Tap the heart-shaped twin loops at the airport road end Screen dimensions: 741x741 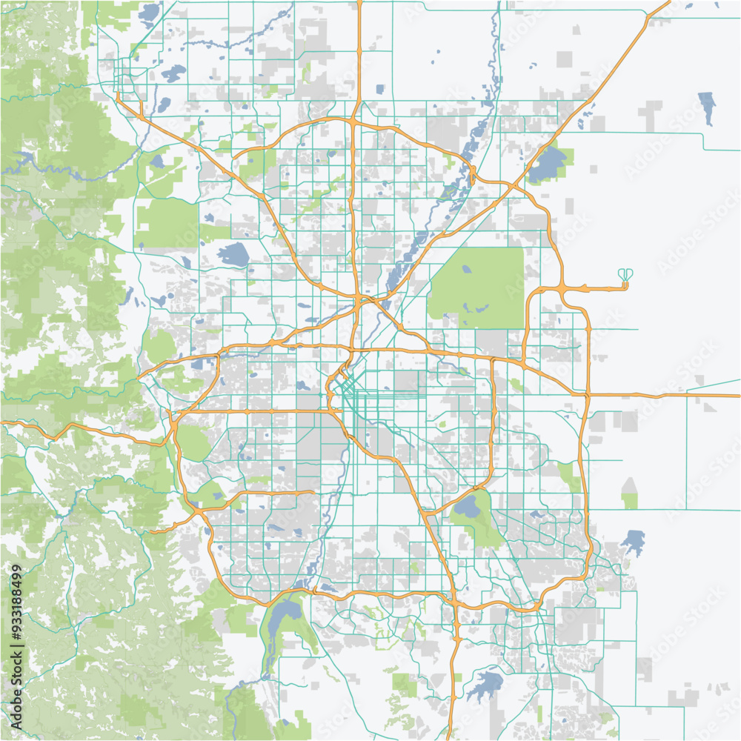pos(626,276)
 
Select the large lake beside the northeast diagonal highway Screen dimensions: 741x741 pos(548,164)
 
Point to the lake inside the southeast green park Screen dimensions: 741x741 pos(467,508)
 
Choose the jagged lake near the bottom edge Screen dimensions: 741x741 pos(485,685)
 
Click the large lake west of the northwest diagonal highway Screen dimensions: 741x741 pos(233,254)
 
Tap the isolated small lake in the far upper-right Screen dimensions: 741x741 pos(707,107)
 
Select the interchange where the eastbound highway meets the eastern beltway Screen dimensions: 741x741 pos(586,395)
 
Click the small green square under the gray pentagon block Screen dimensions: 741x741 pos(630,502)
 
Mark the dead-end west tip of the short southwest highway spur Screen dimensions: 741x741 pos(150,531)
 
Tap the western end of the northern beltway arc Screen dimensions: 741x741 pos(234,156)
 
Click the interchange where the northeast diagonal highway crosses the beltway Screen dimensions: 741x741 pos(473,176)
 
